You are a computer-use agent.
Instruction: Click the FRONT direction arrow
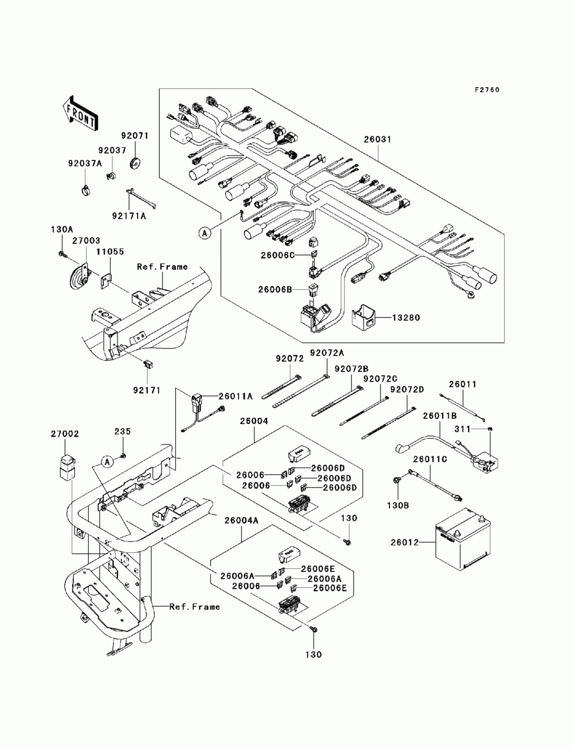[80, 113]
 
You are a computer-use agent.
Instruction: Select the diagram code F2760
[486, 90]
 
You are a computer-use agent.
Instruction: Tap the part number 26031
[377, 139]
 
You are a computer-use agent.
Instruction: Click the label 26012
[405, 543]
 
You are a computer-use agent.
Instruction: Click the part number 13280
[406, 318]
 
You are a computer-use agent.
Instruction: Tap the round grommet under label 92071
[136, 162]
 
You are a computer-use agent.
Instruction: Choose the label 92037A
[85, 163]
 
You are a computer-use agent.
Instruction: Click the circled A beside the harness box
[205, 233]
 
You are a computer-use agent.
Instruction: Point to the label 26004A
[241, 520]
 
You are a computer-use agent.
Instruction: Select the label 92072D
[407, 390]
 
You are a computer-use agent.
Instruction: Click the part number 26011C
[430, 460]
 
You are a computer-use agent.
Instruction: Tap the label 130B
[398, 505]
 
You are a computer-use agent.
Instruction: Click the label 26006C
[277, 255]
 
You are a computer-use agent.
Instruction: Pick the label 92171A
[129, 216]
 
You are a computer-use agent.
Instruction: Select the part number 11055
[109, 252]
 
